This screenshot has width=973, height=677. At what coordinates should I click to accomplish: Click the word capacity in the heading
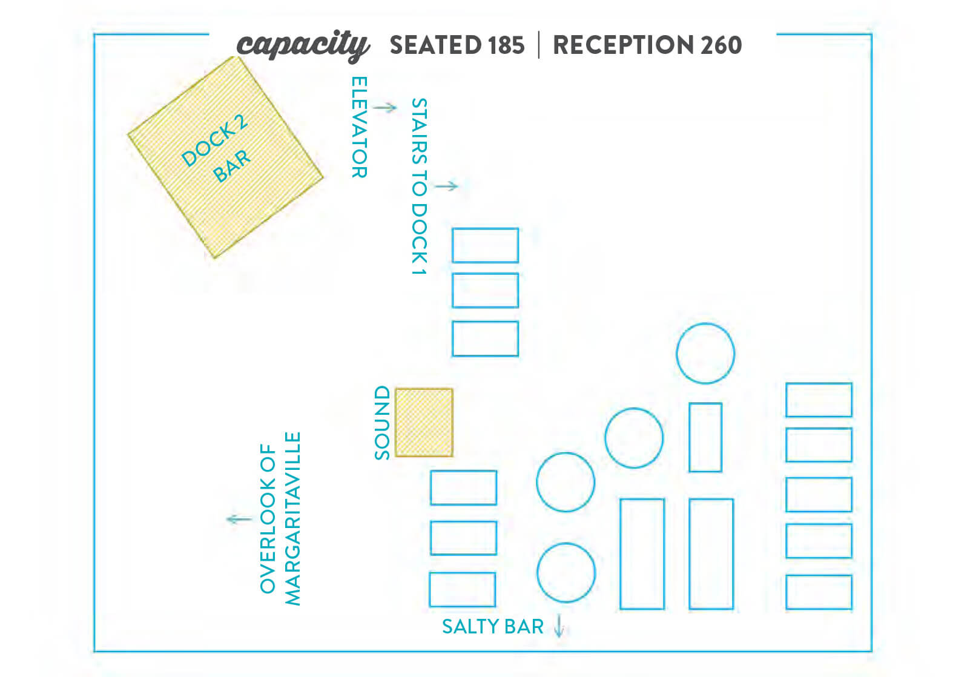coord(303,45)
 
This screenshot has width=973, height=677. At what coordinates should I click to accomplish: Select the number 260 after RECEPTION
coord(721,45)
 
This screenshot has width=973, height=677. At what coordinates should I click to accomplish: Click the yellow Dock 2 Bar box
coord(225,157)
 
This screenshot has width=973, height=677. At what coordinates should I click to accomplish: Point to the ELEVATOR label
coord(360,127)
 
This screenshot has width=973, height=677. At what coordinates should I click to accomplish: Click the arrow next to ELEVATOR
coord(385,107)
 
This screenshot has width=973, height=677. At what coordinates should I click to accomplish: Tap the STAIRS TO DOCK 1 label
coord(420,187)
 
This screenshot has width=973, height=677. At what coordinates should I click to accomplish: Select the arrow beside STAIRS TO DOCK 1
coord(446,186)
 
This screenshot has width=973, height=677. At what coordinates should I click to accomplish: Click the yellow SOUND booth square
coord(424,422)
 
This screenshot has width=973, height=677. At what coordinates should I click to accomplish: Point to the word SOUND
coord(382,423)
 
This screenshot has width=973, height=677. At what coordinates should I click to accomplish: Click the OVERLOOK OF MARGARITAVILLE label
coord(280,518)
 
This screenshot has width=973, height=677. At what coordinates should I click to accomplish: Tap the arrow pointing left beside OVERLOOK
coord(239,519)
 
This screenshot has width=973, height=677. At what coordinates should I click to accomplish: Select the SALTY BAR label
coord(493,627)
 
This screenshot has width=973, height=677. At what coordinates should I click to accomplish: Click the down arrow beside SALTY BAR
coord(559,626)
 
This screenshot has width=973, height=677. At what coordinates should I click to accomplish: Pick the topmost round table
coord(705,353)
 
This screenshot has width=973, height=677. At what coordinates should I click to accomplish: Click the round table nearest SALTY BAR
coord(566,572)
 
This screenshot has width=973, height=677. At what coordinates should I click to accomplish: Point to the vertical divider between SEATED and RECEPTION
coord(539,45)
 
